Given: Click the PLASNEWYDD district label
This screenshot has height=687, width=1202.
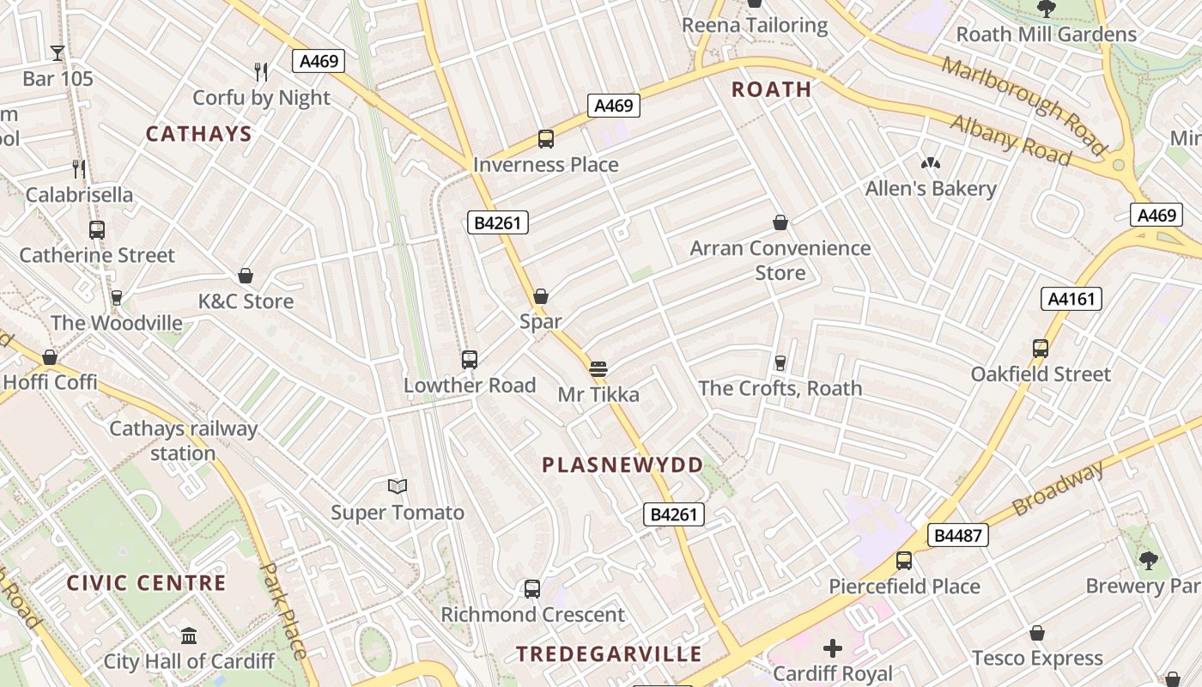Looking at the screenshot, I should pyautogui.click(x=622, y=465).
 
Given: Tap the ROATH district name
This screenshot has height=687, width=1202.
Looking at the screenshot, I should pyautogui.click(x=771, y=89).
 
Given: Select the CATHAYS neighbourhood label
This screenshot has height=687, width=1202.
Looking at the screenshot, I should pyautogui.click(x=198, y=134).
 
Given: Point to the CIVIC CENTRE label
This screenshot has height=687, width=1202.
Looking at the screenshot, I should pyautogui.click(x=147, y=583).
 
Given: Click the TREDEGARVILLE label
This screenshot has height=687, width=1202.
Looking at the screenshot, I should pyautogui.click(x=609, y=654).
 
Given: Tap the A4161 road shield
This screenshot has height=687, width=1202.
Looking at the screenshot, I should pyautogui.click(x=1071, y=299).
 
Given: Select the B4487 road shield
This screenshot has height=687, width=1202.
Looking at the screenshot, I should pyautogui.click(x=957, y=536).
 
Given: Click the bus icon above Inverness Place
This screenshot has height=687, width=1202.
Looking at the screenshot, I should pyautogui.click(x=545, y=138).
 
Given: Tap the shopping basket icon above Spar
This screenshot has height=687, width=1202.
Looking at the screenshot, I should pyautogui.click(x=541, y=296).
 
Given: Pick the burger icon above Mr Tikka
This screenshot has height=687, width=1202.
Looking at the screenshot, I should pyautogui.click(x=598, y=369).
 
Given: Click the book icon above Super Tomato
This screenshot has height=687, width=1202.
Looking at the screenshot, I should pyautogui.click(x=397, y=487).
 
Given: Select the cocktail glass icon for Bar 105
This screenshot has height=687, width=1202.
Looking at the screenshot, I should pyautogui.click(x=58, y=53).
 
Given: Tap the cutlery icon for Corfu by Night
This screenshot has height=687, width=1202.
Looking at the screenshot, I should pyautogui.click(x=261, y=72).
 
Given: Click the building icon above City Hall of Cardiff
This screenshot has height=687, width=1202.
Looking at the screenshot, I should pyautogui.click(x=189, y=636).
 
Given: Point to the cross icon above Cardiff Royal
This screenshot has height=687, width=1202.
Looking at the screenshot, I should pyautogui.click(x=832, y=648).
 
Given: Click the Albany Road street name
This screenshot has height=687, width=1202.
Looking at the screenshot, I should pyautogui.click(x=1011, y=140).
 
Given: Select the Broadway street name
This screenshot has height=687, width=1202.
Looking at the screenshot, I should pyautogui.click(x=1058, y=489).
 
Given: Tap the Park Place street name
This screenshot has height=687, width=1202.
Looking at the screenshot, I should pyautogui.click(x=282, y=610).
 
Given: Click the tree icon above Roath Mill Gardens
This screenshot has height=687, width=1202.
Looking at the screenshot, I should pyautogui.click(x=1046, y=9).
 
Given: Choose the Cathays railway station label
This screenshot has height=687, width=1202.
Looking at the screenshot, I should pyautogui.click(x=183, y=441).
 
